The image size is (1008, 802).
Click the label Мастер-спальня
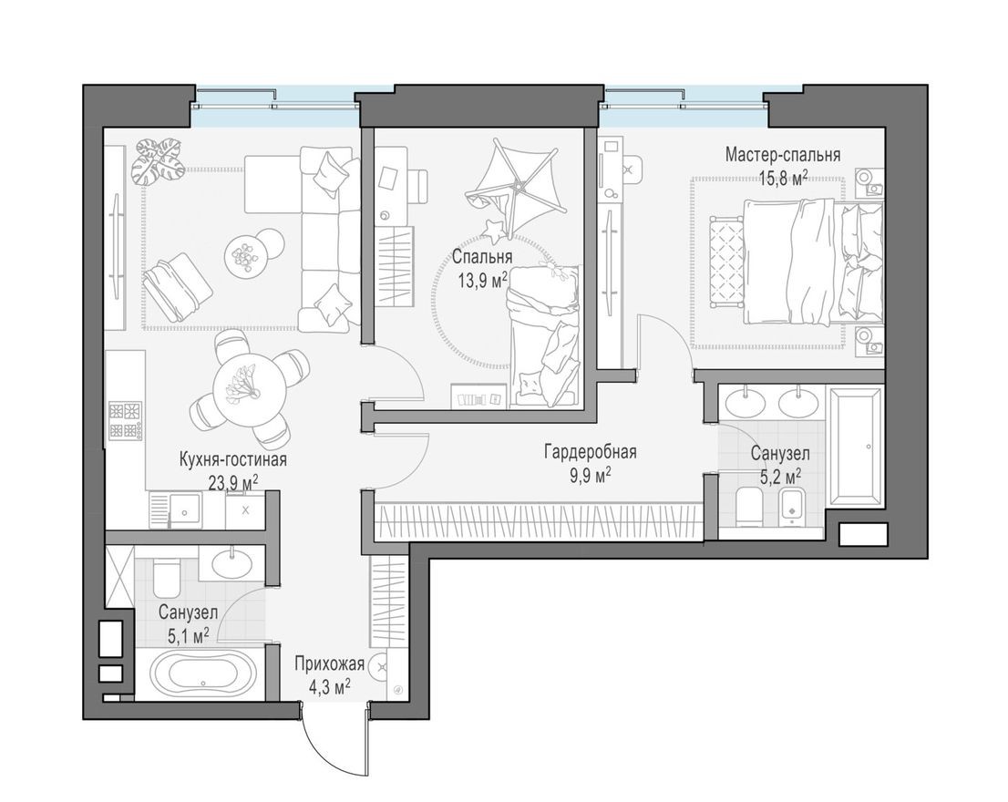pos(782,154)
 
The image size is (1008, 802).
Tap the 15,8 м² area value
pos(782,175)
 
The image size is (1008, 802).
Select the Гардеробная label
pos(590,452)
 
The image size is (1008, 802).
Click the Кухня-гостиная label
pos(233,460)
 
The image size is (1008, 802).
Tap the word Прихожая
pos(329,663)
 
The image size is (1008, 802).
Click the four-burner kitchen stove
pos(126,420)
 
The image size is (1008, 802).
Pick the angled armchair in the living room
pos(178,284)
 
